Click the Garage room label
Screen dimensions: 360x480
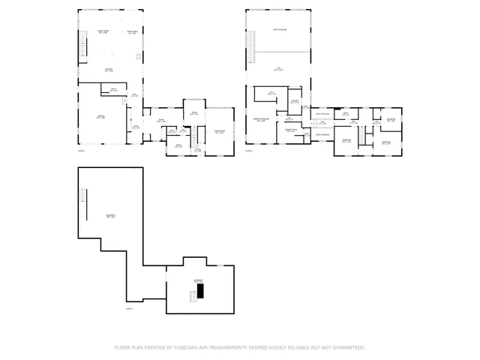(100, 117)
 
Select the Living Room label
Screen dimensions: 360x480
(220, 131)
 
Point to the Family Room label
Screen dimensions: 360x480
(103, 31)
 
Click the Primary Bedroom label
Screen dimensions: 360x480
(261, 119)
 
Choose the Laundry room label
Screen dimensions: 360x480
(295, 101)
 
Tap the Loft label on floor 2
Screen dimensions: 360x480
(277, 69)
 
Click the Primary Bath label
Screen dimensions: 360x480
(291, 130)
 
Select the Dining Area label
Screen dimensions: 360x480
(131, 31)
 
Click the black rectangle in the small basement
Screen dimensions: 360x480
(200, 289)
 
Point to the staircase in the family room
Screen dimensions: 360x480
(82, 45)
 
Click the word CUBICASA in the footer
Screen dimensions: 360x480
(186, 348)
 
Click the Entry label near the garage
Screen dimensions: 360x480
(135, 127)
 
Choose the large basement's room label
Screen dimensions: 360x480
(110, 216)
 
